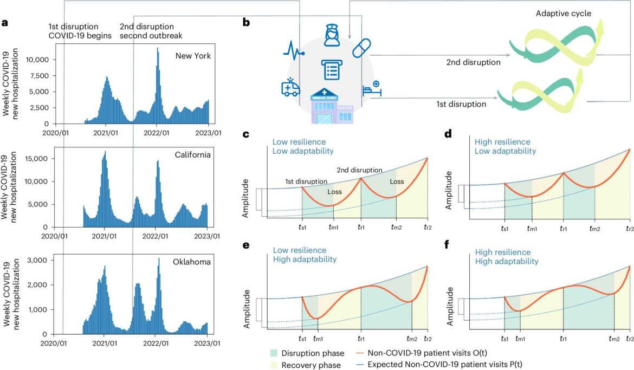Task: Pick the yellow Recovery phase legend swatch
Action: tap(279, 365)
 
